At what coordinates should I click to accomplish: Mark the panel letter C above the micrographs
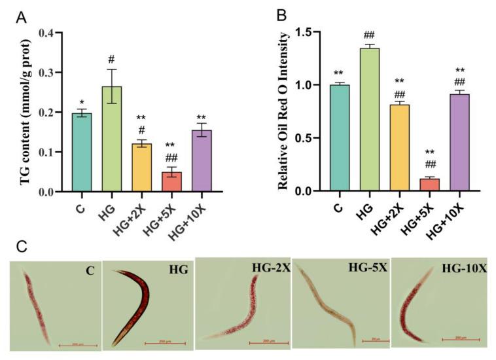click(x=21, y=247)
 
